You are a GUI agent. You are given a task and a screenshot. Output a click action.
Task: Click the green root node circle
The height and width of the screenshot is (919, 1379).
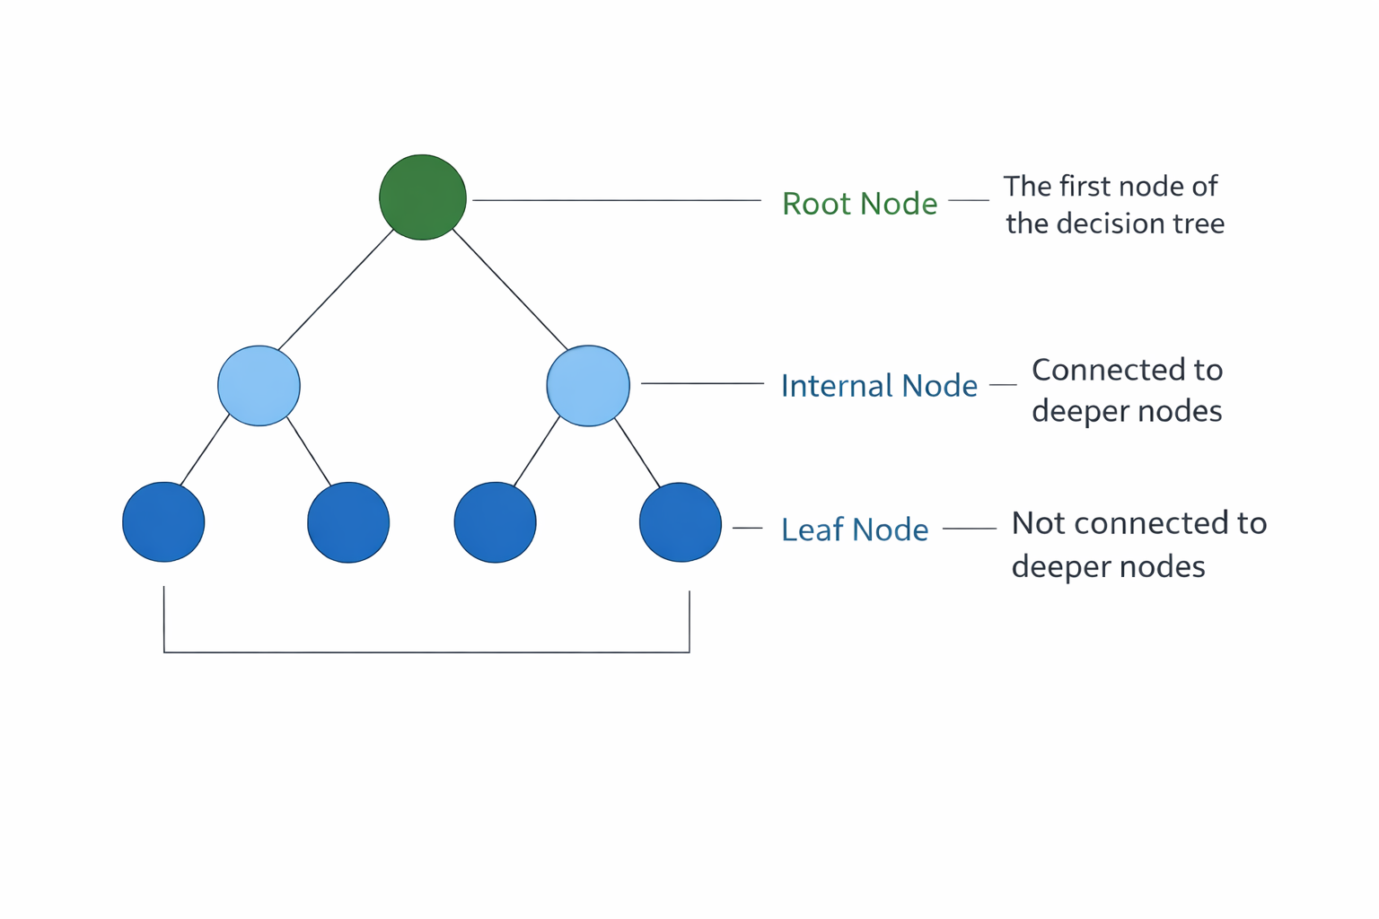point(423,197)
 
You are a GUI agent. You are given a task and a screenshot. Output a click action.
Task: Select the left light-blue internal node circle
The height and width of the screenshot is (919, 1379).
point(259,386)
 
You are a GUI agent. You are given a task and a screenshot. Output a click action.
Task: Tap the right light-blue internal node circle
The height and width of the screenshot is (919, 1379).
point(588,386)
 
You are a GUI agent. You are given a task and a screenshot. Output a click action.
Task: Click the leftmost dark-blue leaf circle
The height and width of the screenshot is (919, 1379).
point(163,522)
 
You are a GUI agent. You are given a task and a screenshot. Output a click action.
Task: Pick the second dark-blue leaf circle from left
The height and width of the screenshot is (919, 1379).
point(348,522)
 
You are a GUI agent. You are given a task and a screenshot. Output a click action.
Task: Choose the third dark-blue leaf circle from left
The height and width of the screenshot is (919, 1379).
point(495,522)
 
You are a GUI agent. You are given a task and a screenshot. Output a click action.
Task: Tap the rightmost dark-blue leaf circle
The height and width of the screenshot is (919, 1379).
point(681,522)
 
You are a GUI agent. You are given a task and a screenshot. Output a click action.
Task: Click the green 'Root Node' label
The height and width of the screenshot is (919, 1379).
point(859,204)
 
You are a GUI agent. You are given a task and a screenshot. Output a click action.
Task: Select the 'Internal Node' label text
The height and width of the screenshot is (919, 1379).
point(879,386)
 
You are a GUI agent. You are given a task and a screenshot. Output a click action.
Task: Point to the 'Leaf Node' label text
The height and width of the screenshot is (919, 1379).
point(855,530)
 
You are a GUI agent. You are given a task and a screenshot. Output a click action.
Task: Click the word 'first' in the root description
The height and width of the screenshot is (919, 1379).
point(1083,187)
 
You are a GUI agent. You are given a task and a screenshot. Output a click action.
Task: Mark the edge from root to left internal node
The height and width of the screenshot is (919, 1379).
point(336,290)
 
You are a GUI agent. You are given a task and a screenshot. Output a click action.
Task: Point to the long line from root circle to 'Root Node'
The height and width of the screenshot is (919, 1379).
point(617,200)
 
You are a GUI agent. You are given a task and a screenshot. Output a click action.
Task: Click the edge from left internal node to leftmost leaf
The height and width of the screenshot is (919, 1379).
point(206,449)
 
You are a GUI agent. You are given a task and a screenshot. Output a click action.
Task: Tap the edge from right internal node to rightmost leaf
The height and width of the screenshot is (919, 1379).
point(638,453)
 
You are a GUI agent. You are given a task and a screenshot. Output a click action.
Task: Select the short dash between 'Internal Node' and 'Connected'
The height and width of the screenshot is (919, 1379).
point(1003,385)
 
